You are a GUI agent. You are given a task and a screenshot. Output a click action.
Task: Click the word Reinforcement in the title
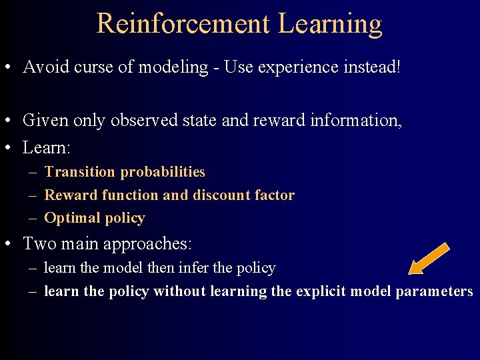pyautogui.click(x=183, y=23)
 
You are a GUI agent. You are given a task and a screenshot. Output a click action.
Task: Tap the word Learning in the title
pyautogui.click(x=330, y=25)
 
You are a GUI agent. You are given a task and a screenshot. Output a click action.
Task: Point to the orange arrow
pyautogui.click(x=429, y=259)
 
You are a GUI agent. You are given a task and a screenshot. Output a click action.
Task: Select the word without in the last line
pyautogui.click(x=180, y=291)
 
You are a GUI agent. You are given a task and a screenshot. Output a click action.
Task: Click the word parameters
pyautogui.click(x=434, y=292)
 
